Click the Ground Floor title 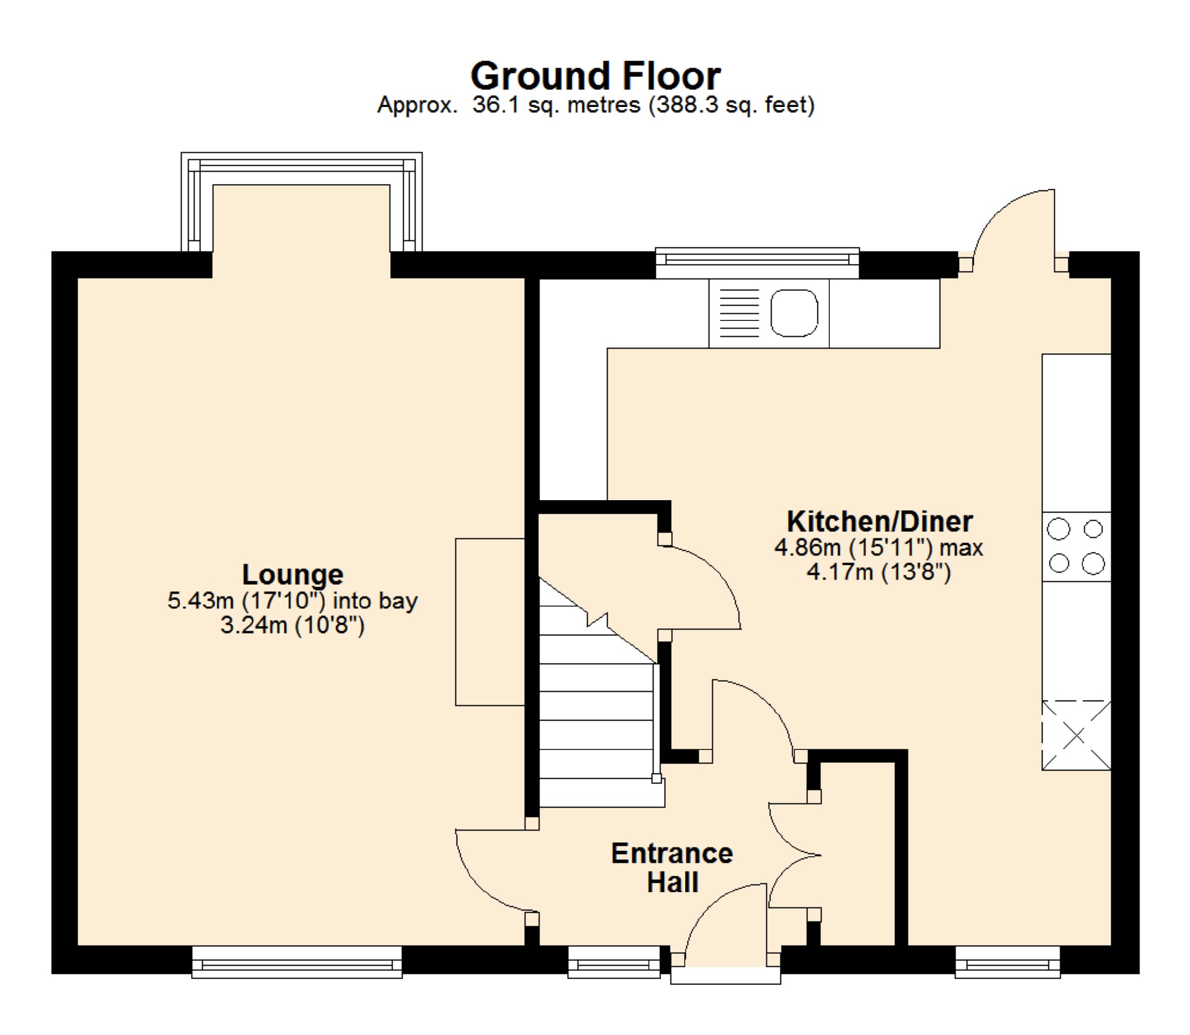coord(595,76)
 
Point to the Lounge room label coord(293,574)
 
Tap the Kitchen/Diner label coord(879,521)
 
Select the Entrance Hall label coord(672,867)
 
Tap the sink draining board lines coord(739,313)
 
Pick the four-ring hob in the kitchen coord(1076,547)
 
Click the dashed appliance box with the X coord(1076,735)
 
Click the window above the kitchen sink coord(757,262)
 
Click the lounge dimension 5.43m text coord(293,601)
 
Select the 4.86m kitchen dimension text coord(879,548)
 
